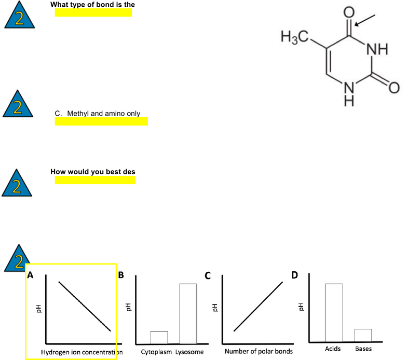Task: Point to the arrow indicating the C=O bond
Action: pyautogui.click(x=364, y=21)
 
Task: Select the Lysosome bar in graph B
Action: pyautogui.click(x=188, y=314)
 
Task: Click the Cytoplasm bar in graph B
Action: pyautogui.click(x=159, y=337)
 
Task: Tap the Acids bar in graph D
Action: pyautogui.click(x=334, y=313)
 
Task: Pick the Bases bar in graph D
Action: pyautogui.click(x=363, y=335)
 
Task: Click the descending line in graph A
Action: pyautogui.click(x=85, y=306)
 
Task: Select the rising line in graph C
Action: pyautogui.click(x=259, y=306)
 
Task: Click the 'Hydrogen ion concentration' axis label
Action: pyautogui.click(x=82, y=352)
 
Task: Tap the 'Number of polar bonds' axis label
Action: pyautogui.click(x=259, y=352)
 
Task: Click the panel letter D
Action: pyautogui.click(x=295, y=275)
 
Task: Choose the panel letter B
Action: pyautogui.click(x=121, y=275)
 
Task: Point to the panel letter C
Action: pyautogui.click(x=208, y=275)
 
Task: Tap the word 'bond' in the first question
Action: pyautogui.click(x=102, y=4)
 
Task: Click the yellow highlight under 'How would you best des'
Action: pyautogui.click(x=95, y=180)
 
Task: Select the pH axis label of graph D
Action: pyautogui.click(x=301, y=307)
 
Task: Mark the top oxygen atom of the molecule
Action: pyautogui.click(x=349, y=12)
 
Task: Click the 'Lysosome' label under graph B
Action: pyautogui.click(x=189, y=352)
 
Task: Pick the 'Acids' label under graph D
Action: pyautogui.click(x=333, y=349)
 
